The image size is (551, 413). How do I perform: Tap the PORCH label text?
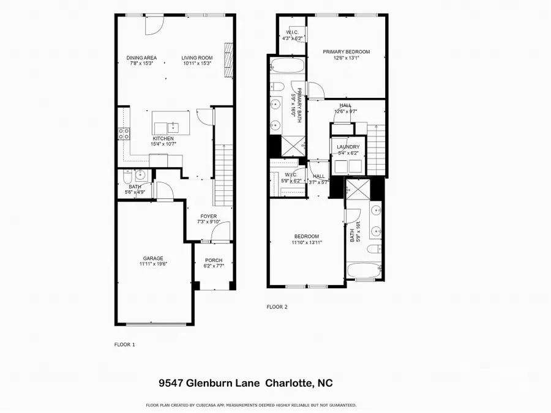pyautogui.click(x=214, y=260)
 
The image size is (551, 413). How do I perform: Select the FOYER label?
pyautogui.click(x=209, y=216)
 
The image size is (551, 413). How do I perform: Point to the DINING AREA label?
pyautogui.click(x=141, y=58)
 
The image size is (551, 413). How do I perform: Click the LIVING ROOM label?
pyautogui.click(x=197, y=58)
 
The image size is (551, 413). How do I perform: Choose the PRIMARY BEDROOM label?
pyautogui.click(x=347, y=52)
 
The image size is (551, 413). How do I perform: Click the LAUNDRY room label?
pyautogui.click(x=348, y=147)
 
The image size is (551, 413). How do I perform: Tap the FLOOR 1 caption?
pyautogui.click(x=125, y=344)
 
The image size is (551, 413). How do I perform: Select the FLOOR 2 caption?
pyautogui.click(x=277, y=307)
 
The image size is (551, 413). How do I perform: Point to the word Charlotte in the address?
pyautogui.click(x=290, y=384)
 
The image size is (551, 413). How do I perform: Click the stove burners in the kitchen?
pyautogui.click(x=123, y=134)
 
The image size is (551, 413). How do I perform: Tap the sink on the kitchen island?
pyautogui.click(x=173, y=127)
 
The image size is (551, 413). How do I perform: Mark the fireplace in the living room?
pyautogui.click(x=228, y=60)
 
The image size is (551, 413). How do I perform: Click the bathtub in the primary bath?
pyautogui.click(x=287, y=66)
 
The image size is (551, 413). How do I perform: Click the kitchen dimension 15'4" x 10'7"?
pyautogui.click(x=164, y=144)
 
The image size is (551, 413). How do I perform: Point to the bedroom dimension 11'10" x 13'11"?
pyautogui.click(x=306, y=242)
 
